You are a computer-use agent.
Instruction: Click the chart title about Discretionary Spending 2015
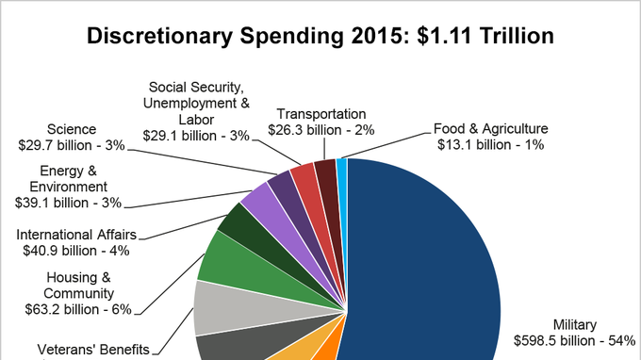pos(320,36)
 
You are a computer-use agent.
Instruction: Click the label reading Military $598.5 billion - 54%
pos(574,333)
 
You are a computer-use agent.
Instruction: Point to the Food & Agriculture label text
pos(490,137)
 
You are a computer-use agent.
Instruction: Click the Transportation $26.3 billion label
pos(321,122)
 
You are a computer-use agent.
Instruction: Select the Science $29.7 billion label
pos(72,138)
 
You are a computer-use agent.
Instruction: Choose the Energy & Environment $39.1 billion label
pos(68,187)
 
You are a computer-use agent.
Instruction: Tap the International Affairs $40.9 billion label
pos(76,242)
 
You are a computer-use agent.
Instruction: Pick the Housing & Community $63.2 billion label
pos(78,293)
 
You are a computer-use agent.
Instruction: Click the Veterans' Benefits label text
pos(93,350)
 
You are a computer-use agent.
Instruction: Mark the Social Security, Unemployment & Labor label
pos(196,111)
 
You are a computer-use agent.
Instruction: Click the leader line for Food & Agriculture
pos(386,145)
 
